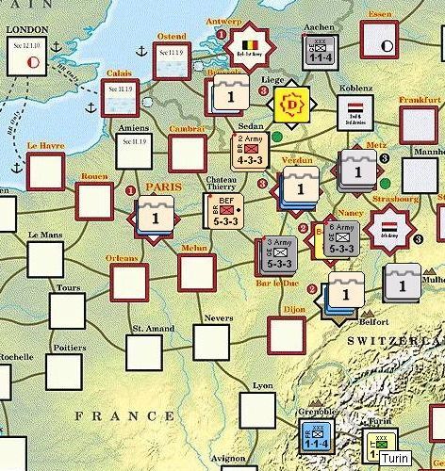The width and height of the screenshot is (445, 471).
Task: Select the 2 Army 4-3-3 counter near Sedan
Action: pos(249,150)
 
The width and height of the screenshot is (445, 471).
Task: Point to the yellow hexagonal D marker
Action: pos(294,104)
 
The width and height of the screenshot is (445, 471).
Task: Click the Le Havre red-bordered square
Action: pos(45,170)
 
